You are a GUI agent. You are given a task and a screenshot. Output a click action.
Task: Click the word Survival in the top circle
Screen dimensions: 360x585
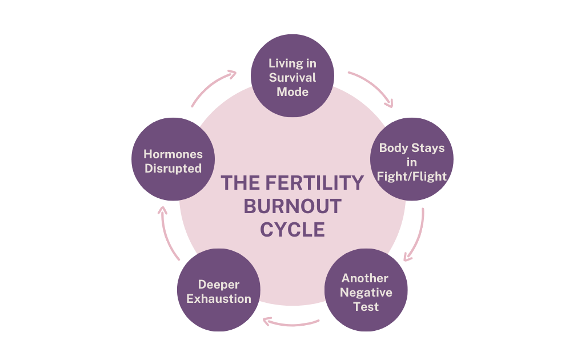pyautogui.click(x=292, y=77)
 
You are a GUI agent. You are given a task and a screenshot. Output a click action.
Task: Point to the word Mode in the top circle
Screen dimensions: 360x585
pyautogui.click(x=292, y=91)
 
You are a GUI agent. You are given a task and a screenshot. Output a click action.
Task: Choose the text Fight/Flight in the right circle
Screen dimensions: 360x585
pyautogui.click(x=412, y=177)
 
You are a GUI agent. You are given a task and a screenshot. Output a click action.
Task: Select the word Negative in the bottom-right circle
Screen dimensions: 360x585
pyautogui.click(x=366, y=293)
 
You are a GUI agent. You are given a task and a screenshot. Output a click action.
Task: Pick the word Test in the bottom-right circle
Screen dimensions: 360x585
pyautogui.click(x=366, y=307)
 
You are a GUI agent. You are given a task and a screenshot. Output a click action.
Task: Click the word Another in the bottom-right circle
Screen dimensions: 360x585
pyautogui.click(x=366, y=278)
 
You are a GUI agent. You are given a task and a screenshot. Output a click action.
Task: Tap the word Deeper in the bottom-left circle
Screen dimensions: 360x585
pyautogui.click(x=219, y=285)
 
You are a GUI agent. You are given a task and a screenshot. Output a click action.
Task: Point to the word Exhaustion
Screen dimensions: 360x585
pyautogui.click(x=219, y=299)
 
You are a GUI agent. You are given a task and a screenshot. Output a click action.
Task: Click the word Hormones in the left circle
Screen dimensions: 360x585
pyautogui.click(x=173, y=154)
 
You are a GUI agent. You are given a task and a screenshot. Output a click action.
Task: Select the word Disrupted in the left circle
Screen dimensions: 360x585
pyautogui.click(x=173, y=169)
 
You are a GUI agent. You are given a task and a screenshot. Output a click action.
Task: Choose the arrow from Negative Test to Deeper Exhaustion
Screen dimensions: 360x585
pyautogui.click(x=291, y=323)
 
